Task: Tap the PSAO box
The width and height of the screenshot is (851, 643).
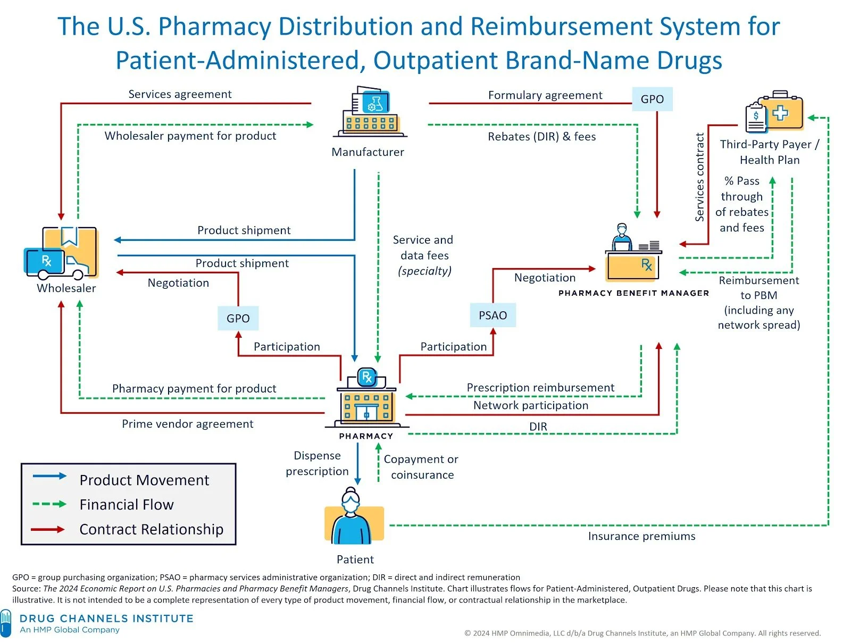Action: [x=493, y=315]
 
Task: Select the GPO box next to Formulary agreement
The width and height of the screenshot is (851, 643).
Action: [x=652, y=99]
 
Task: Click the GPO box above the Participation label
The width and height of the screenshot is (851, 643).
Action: [x=238, y=318]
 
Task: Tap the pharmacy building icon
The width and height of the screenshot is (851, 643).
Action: [x=366, y=399]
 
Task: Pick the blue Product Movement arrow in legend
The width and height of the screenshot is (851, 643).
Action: [x=49, y=476]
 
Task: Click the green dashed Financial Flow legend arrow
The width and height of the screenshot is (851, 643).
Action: [x=49, y=504]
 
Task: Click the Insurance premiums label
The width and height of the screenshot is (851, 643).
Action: [x=641, y=536]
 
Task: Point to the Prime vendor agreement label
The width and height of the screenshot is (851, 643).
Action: [x=187, y=424]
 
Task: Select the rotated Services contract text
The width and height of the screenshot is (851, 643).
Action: [x=700, y=177]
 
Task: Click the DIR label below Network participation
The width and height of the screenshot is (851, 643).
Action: [x=538, y=427]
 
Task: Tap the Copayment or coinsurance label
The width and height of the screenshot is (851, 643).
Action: [x=421, y=466]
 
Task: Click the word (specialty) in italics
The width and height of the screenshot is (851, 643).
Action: [x=424, y=271]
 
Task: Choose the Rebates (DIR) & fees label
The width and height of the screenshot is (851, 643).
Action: [x=541, y=137]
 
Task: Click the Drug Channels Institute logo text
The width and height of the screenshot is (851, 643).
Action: [x=106, y=619]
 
